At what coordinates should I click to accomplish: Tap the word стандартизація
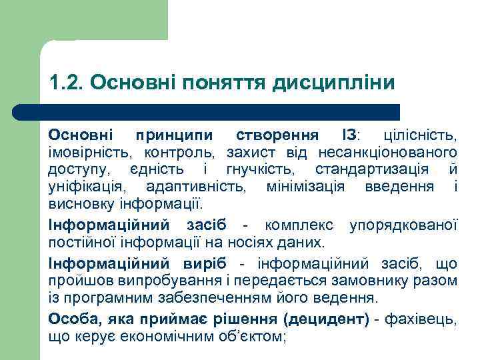[368, 169]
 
